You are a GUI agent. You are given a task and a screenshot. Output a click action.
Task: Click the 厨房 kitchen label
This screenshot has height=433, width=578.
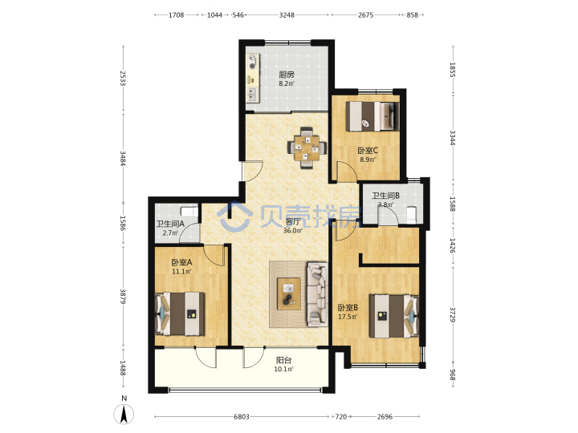[x=287, y=75]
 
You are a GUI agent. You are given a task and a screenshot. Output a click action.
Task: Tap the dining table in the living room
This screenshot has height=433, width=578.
[x=307, y=148]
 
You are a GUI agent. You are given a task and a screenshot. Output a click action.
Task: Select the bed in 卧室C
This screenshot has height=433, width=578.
[x=372, y=116]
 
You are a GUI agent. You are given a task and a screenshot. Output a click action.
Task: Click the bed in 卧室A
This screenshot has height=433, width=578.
[x=180, y=314]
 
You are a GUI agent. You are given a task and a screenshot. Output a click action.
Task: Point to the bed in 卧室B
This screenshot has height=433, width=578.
[x=394, y=316]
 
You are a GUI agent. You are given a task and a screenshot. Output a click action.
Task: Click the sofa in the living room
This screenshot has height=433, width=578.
[x=317, y=293]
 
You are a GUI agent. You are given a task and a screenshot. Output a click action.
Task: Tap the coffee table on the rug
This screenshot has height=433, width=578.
[x=289, y=293]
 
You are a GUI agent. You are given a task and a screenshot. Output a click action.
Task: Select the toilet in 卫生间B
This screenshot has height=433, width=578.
[x=411, y=215]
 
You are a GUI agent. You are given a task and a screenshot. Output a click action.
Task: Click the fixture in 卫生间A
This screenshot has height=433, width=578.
[x=189, y=212]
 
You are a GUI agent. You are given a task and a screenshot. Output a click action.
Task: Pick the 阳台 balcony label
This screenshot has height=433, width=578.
[x=284, y=360]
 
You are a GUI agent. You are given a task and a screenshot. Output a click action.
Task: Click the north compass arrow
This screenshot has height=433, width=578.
[x=124, y=414]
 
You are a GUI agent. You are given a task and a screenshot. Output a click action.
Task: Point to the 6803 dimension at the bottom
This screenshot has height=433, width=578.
[x=242, y=416]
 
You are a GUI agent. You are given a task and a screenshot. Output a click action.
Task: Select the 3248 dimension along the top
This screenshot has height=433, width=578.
[x=287, y=14]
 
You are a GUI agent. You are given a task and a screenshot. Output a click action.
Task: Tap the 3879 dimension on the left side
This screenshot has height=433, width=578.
[x=123, y=296]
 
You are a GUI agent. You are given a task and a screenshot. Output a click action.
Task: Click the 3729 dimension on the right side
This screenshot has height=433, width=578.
[x=453, y=315]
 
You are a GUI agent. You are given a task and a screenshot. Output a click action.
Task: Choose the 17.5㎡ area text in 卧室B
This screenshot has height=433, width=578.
[x=348, y=316]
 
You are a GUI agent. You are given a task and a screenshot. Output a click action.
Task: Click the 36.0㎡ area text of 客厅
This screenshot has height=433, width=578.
[x=293, y=230]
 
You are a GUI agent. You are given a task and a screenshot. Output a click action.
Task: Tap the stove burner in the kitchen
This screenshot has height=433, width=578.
[x=253, y=67]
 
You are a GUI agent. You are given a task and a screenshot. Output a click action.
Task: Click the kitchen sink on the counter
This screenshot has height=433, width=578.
[x=253, y=95]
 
